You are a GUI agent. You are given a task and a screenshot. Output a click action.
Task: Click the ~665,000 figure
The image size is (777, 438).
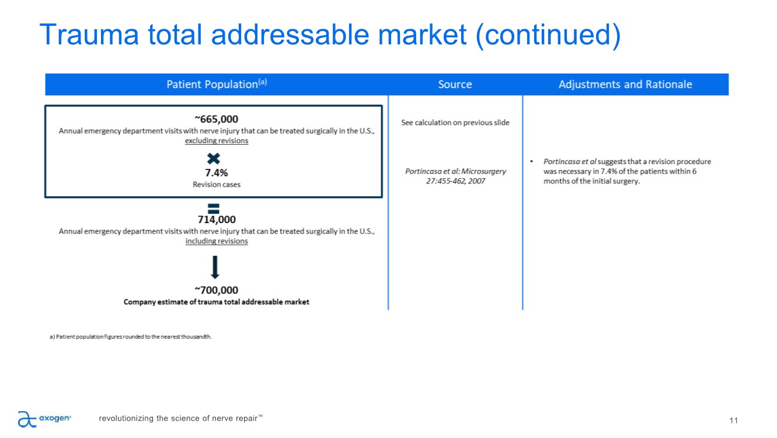pos(217,119)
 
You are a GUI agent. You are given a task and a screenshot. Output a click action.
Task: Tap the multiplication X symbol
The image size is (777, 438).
pos(213,159)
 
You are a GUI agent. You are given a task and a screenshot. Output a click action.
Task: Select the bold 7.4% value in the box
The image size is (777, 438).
pos(217,172)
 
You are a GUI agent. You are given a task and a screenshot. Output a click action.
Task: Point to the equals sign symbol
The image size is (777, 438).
pos(213,208)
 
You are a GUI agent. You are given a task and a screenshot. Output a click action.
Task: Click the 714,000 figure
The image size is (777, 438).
pos(217,220)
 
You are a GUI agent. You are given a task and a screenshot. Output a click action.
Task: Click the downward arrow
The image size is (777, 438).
pos(215,267)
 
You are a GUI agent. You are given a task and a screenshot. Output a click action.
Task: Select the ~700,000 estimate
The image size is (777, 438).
pos(217,290)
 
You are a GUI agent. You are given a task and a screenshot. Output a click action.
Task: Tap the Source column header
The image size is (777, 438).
pos(455,84)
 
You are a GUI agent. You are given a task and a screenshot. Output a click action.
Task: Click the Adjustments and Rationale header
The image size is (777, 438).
pos(625,84)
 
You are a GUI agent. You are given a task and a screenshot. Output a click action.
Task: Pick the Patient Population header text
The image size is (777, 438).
pos(217,84)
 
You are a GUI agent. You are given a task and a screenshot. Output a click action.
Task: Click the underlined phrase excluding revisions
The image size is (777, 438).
pos(217,141)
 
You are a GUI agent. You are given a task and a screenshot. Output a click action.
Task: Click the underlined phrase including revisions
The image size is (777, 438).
pos(217,241)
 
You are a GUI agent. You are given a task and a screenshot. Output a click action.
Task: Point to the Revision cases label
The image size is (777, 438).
pos(217,185)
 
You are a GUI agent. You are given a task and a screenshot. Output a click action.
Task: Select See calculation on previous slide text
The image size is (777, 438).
pos(455,123)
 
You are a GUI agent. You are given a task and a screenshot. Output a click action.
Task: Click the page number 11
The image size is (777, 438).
pos(734,420)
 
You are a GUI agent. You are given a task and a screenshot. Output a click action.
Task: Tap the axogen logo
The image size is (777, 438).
pos(44,419)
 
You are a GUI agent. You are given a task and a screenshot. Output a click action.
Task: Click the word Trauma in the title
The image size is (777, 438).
pos(89,34)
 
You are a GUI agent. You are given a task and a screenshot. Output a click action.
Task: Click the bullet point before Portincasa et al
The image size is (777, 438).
pos(532,161)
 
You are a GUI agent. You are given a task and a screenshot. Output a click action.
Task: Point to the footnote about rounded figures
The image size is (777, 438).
pos(130,336)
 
